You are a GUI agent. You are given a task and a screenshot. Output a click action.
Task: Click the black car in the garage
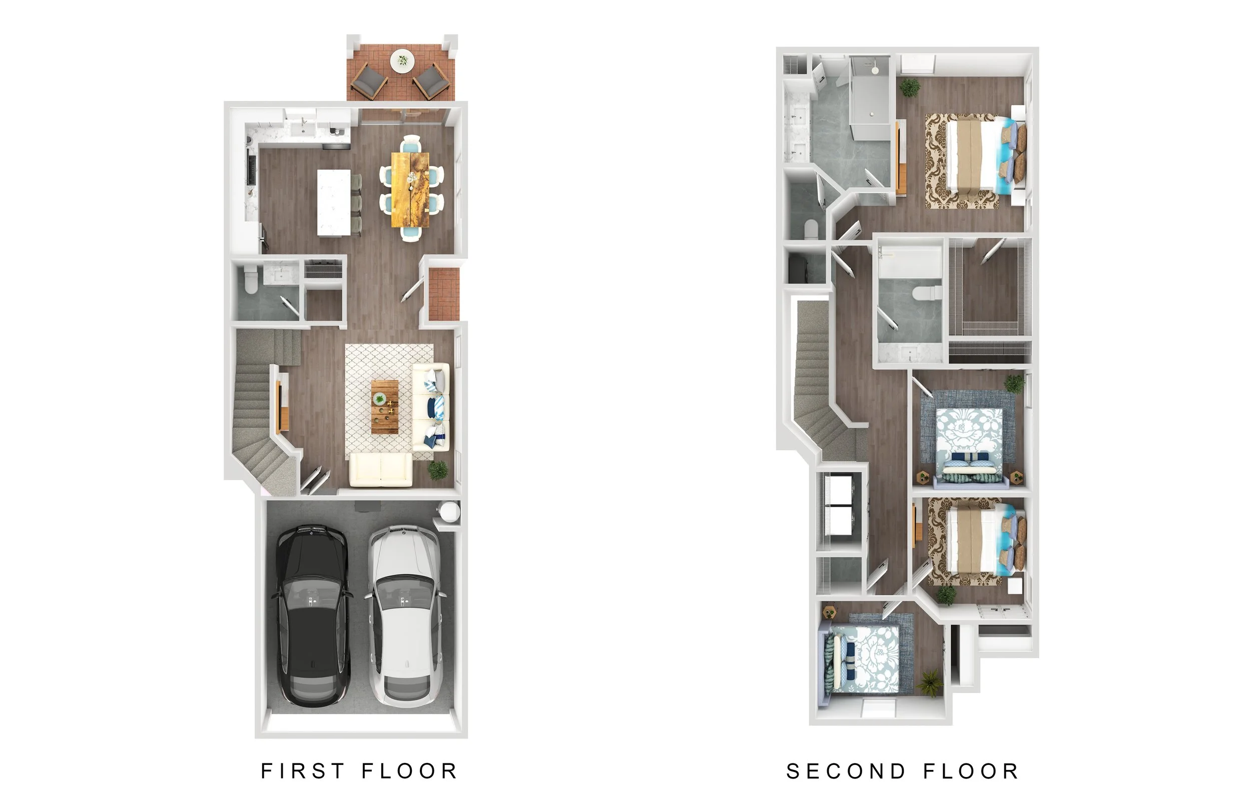click(x=312, y=615)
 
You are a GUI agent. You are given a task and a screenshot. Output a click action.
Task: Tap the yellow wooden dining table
click(x=411, y=189)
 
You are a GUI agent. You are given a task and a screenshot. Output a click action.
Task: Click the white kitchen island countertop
click(x=334, y=202)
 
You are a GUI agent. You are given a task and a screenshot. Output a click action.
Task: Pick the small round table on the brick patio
click(x=402, y=61)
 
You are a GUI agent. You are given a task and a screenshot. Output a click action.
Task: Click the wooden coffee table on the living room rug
click(x=385, y=406)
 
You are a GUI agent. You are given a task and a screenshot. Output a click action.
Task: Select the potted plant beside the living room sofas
click(x=437, y=470)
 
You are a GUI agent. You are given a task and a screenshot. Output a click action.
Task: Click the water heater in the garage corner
click(x=448, y=511)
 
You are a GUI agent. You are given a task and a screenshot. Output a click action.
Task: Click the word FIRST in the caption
click(x=302, y=771)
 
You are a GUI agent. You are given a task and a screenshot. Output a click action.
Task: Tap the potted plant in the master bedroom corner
click(x=910, y=87)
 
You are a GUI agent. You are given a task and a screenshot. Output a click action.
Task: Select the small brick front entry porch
click(x=444, y=294)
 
